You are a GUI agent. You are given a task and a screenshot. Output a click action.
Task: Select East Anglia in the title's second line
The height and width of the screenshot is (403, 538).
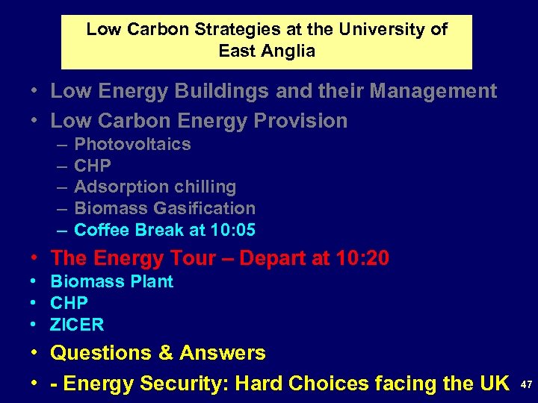267,51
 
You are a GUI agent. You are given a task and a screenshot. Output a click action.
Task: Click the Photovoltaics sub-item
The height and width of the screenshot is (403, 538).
132,144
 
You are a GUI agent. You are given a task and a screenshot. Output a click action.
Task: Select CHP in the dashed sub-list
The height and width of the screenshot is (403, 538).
93,166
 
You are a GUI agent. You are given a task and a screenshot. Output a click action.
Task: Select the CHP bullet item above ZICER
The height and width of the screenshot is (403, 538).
69,303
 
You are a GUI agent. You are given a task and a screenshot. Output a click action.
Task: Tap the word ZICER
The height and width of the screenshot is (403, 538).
77,325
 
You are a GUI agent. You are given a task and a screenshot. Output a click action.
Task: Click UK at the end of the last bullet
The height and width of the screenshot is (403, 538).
493,384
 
